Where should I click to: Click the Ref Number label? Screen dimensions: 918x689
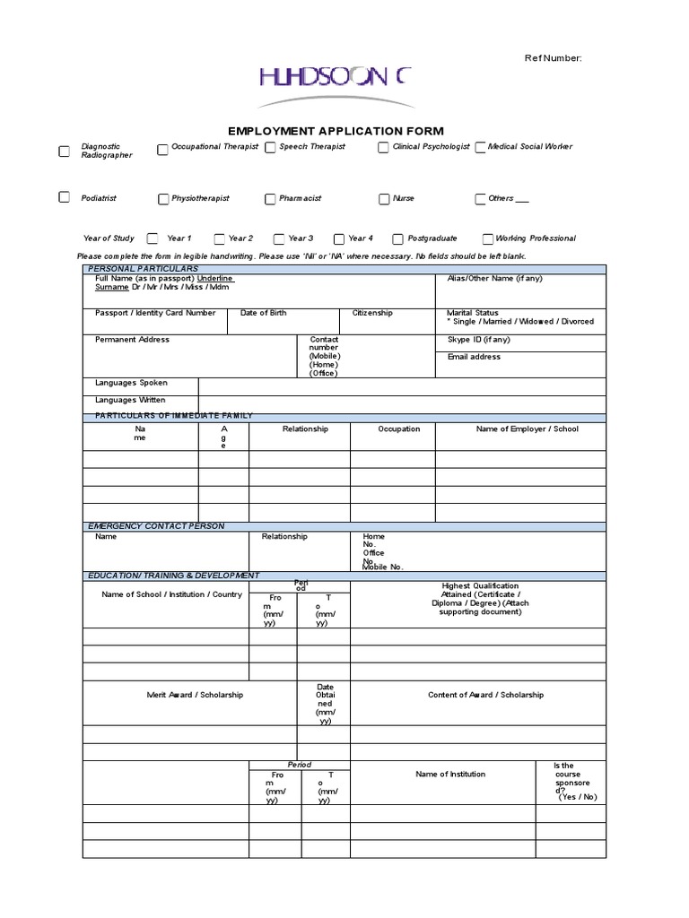(x=554, y=58)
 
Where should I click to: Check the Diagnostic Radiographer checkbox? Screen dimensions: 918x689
(x=64, y=152)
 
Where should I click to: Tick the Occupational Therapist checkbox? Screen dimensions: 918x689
(x=162, y=150)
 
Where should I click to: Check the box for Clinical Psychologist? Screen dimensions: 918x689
(x=383, y=148)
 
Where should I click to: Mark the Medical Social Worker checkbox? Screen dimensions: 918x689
(x=481, y=148)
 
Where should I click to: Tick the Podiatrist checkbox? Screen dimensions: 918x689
(x=64, y=197)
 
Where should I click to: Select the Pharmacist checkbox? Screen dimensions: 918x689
(x=270, y=199)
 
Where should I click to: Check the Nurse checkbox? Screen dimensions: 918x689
(x=384, y=199)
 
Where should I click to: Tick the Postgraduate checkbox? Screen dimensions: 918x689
(x=398, y=239)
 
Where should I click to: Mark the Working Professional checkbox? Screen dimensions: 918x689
(x=487, y=239)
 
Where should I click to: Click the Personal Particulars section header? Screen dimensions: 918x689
(x=143, y=269)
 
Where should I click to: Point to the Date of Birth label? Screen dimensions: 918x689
(x=264, y=313)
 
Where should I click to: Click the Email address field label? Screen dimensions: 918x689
(x=474, y=357)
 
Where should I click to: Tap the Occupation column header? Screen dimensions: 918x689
(x=398, y=429)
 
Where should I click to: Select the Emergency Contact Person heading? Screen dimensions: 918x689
(x=156, y=525)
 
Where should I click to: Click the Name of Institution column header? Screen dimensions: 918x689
(x=450, y=774)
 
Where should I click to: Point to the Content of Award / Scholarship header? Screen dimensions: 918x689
(x=485, y=695)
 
